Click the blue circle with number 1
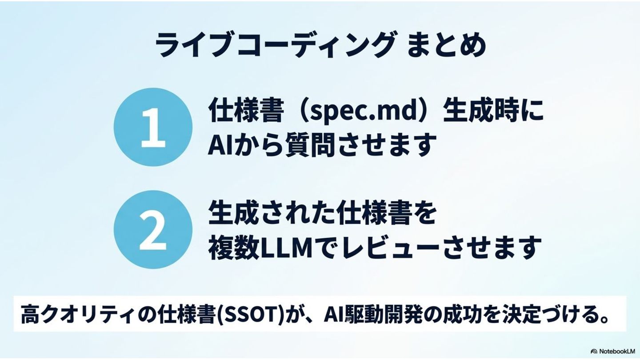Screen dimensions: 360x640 point(153,127)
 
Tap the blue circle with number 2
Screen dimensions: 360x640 point(153,229)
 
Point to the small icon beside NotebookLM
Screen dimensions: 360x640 point(594,351)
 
